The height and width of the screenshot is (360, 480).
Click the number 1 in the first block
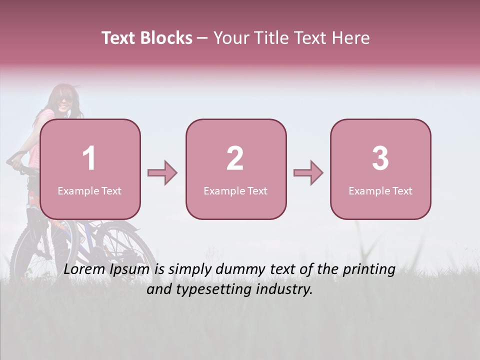(x=89, y=158)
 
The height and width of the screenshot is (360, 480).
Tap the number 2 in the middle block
(x=235, y=158)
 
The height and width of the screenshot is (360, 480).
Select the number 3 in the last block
(x=380, y=158)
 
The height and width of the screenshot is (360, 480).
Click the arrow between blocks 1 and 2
(x=162, y=173)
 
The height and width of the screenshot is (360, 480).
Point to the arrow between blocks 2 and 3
(x=308, y=173)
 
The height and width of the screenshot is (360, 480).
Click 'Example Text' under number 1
(x=89, y=191)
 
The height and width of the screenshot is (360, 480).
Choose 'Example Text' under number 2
(x=235, y=191)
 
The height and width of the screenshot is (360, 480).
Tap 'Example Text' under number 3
(x=380, y=191)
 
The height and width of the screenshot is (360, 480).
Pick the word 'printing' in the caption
(x=369, y=270)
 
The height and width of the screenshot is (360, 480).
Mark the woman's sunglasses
(x=65, y=99)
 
